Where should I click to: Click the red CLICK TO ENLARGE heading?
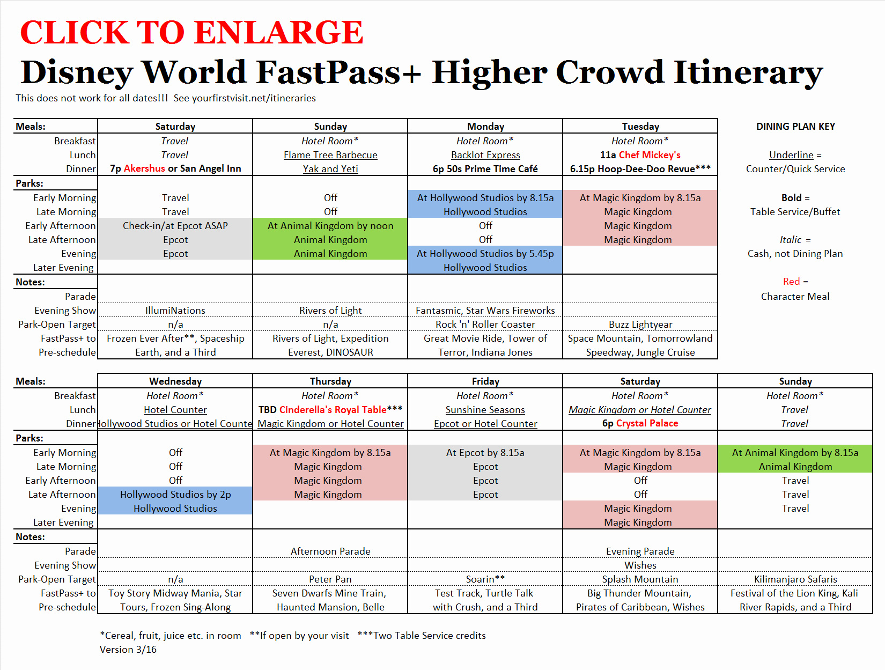tap(191, 32)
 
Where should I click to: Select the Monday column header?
tap(485, 127)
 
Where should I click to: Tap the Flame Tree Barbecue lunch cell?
tap(330, 155)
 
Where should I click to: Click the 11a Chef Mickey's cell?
tap(640, 155)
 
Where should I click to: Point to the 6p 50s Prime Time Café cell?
tap(485, 169)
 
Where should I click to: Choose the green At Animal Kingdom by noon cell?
tap(330, 226)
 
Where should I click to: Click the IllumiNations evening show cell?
tap(175, 311)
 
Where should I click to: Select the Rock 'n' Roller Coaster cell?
tap(485, 325)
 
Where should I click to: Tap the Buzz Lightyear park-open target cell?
tap(640, 325)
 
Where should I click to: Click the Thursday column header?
tap(330, 381)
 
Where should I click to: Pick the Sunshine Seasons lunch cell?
tap(485, 410)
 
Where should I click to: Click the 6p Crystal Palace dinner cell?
tap(640, 423)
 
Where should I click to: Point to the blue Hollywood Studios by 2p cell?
tap(175, 494)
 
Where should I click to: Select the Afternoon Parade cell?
tap(330, 551)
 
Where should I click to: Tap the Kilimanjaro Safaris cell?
tap(795, 579)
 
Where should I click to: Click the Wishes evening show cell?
tap(640, 565)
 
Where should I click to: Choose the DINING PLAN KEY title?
tap(795, 127)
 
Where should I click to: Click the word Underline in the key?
tap(791, 155)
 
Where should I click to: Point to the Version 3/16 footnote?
tap(128, 650)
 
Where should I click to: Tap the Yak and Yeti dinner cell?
tap(330, 169)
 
